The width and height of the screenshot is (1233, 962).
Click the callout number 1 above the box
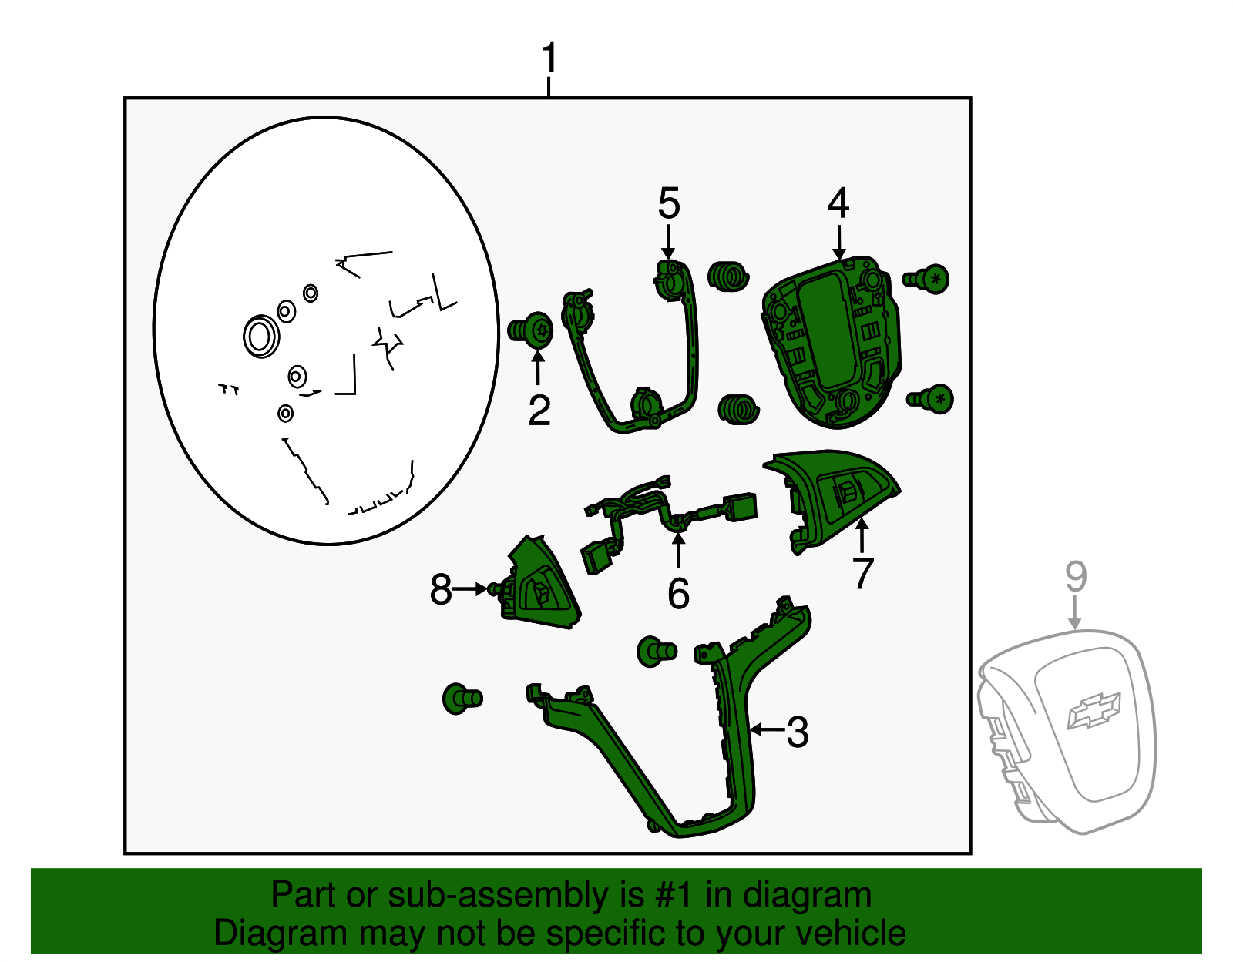(x=549, y=57)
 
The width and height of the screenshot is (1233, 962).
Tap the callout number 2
(x=539, y=411)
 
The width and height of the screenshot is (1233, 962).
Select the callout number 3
(x=798, y=732)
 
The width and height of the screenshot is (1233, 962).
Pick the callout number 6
(x=679, y=594)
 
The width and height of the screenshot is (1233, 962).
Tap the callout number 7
(x=862, y=573)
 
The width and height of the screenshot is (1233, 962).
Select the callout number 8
(x=441, y=589)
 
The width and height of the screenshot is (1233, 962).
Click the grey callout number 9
(x=1076, y=577)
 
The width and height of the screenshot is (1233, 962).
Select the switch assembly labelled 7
(x=829, y=500)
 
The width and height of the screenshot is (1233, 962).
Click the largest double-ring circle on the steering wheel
(x=261, y=337)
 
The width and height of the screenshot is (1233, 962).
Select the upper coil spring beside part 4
(x=728, y=277)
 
